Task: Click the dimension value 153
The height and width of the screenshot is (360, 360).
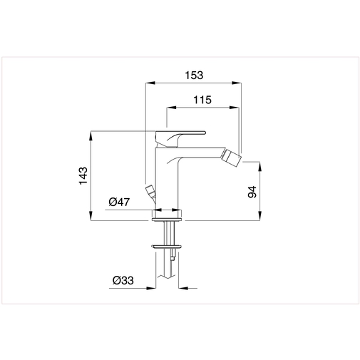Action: coord(193,74)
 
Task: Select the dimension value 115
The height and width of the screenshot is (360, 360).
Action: coord(203,101)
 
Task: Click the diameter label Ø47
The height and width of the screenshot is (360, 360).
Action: coord(119,202)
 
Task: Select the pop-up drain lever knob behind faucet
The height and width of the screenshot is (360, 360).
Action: coord(150,191)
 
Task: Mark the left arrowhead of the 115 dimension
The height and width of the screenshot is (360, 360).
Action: coord(170,108)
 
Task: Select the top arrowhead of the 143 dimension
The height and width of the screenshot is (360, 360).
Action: coord(91,134)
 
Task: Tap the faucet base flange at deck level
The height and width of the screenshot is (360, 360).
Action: coord(168,214)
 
